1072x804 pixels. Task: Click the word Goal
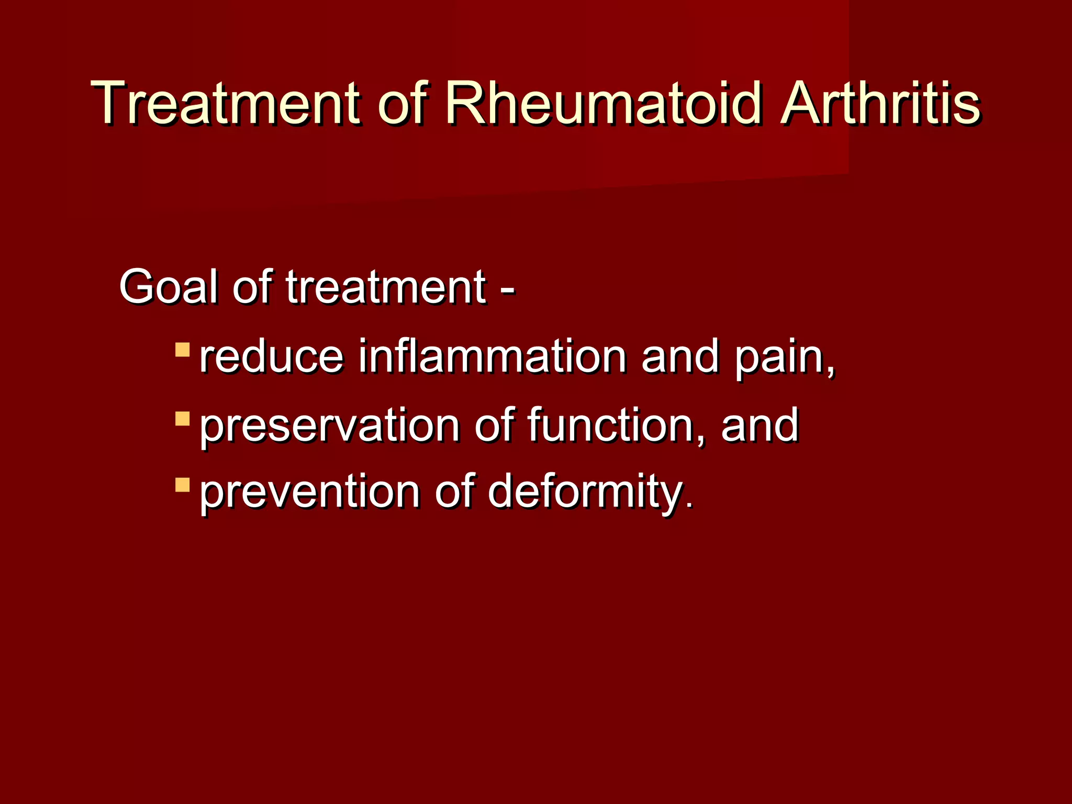point(167,287)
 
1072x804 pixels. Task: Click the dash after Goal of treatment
point(507,289)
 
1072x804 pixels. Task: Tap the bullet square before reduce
point(182,350)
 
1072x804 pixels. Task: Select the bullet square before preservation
point(182,418)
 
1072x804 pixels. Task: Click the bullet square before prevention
point(182,485)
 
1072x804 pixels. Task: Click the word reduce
point(271,357)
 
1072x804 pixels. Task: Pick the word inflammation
point(492,357)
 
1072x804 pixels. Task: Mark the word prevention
point(309,492)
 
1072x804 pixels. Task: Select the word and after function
point(760,425)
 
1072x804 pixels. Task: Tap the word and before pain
point(680,357)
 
